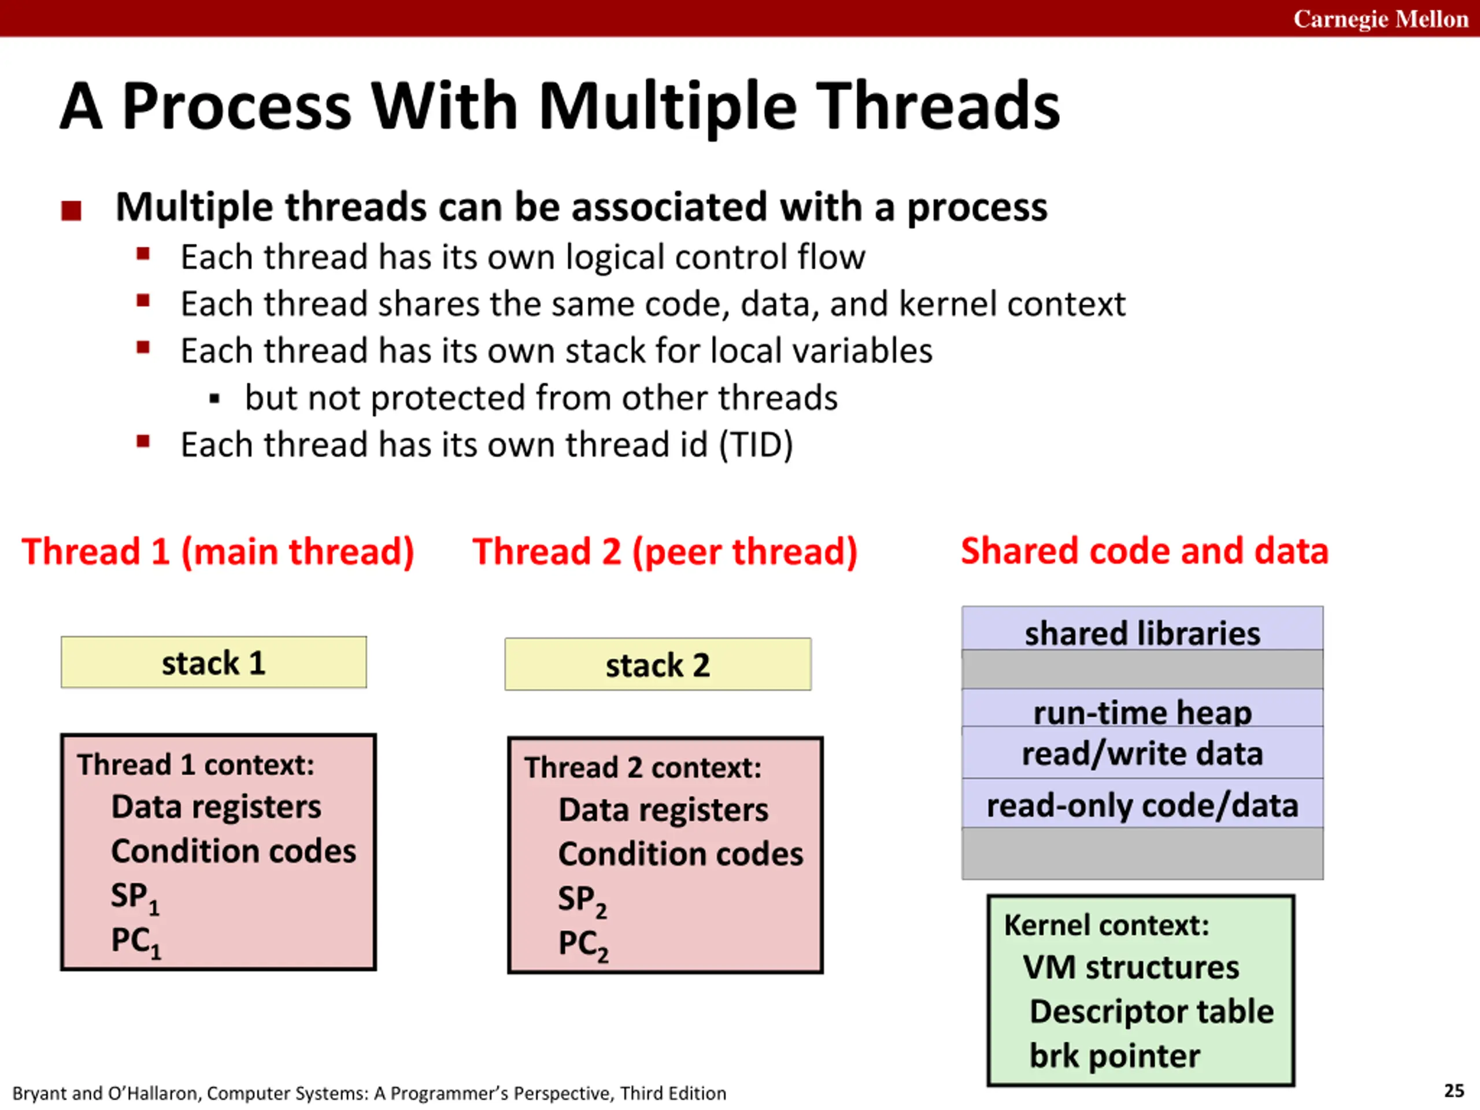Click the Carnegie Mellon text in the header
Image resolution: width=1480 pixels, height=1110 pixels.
(1381, 18)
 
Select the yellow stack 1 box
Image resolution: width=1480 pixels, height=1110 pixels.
(213, 663)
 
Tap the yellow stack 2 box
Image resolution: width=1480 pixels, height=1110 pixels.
(658, 664)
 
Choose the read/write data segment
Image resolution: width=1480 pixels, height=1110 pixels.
(1142, 753)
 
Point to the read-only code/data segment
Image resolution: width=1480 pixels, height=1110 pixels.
(1142, 805)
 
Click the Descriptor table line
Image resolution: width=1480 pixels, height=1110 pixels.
(1152, 1011)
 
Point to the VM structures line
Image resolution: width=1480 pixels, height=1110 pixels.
(1131, 967)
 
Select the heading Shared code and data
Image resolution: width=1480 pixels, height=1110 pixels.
(1144, 552)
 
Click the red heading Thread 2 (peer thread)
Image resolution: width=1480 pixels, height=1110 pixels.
(664, 552)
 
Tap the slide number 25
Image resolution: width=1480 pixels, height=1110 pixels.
(1454, 1090)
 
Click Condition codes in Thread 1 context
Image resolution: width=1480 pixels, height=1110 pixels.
(234, 851)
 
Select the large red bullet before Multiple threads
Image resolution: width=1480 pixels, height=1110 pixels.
(71, 211)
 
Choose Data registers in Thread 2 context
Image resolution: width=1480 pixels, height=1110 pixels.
(663, 809)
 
